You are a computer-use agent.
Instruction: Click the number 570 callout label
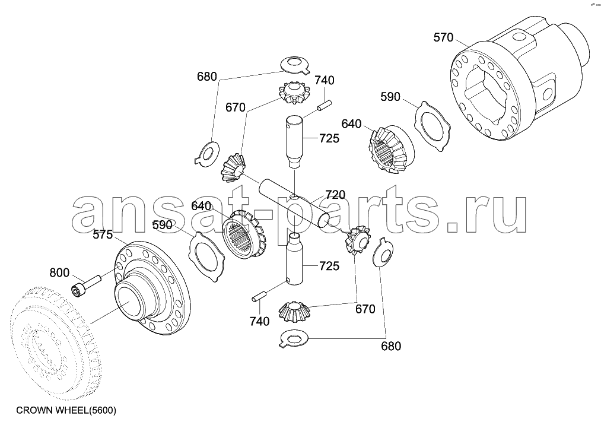(x=443, y=37)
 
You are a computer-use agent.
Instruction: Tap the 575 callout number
(x=102, y=234)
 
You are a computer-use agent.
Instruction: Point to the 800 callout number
(x=59, y=272)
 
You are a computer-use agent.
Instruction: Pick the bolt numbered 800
(x=85, y=286)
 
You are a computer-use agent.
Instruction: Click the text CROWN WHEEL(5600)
(x=66, y=410)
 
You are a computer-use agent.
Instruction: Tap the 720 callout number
(x=335, y=195)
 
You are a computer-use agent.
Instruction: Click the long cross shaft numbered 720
(x=295, y=205)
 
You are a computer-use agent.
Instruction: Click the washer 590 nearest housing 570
(x=433, y=126)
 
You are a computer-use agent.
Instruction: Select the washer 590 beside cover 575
(x=207, y=257)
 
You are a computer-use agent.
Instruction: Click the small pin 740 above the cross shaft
(x=324, y=106)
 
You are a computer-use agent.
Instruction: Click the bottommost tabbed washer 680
(x=294, y=339)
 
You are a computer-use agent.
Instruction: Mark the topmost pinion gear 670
(x=294, y=93)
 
